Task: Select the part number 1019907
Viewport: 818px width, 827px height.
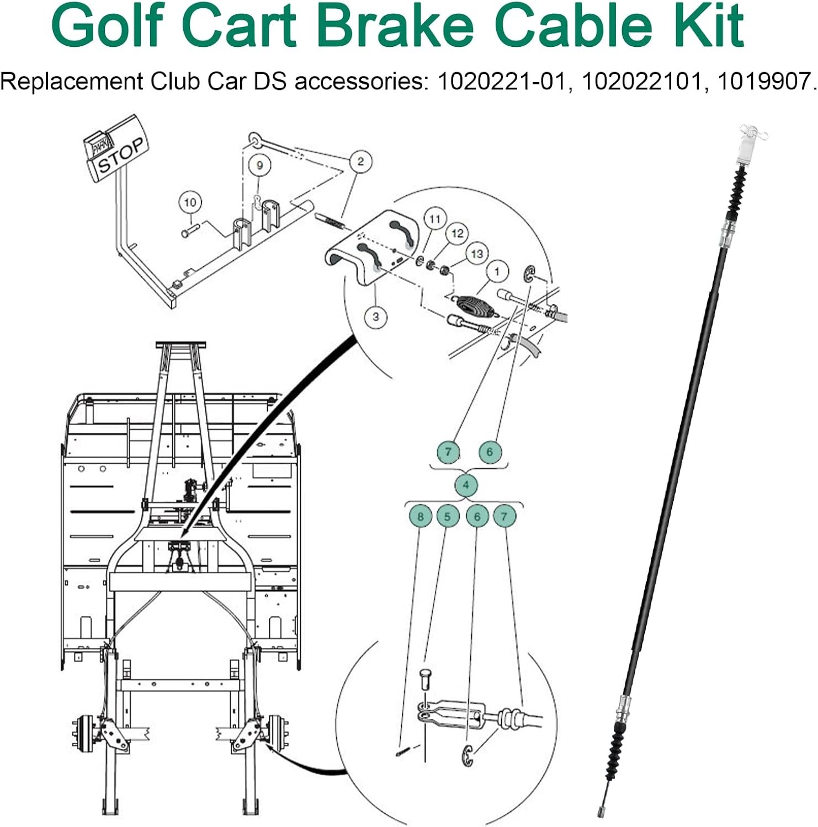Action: pos(766,82)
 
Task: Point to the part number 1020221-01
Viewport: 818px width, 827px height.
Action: pos(502,82)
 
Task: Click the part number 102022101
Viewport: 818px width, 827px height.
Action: pos(642,82)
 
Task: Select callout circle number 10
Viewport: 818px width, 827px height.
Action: pos(190,202)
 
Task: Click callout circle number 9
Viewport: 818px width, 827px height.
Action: pos(259,165)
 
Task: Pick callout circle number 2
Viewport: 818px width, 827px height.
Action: pos(360,162)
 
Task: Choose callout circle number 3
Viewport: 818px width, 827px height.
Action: pos(376,316)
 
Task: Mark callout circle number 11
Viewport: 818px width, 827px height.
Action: pos(435,219)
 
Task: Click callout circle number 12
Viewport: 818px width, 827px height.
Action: pos(457,234)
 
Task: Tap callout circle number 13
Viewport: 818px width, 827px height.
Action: pos(477,254)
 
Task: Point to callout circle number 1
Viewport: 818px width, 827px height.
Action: pos(497,271)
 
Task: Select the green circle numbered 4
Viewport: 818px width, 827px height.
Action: pos(466,485)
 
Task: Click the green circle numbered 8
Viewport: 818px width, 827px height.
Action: pos(421,517)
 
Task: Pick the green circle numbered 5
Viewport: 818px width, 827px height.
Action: pos(448,517)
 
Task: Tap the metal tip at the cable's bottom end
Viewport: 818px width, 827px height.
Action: pos(601,811)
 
